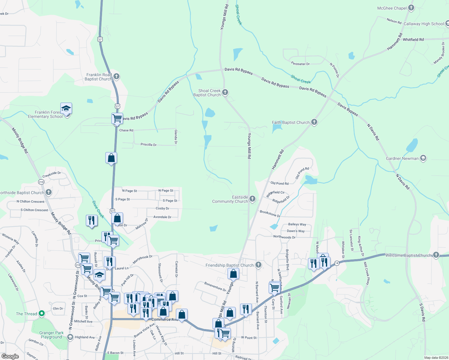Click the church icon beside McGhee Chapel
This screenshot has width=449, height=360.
point(411,8)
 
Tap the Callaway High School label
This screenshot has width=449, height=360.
point(423,24)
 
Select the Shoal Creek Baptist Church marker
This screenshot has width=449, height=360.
point(225,92)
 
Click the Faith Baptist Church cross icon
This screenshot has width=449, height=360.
point(314,122)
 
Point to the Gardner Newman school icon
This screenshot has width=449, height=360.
point(423,158)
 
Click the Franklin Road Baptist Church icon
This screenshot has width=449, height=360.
point(116,76)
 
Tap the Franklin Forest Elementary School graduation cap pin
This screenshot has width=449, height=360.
point(66,109)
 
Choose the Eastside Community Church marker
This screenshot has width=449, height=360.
point(252,199)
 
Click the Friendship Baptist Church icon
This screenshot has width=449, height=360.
point(258,265)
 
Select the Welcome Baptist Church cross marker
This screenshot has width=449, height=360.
point(436,255)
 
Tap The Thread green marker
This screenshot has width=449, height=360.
point(42,314)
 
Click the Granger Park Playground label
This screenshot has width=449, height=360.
point(51,335)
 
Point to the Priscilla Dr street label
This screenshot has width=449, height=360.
point(149,145)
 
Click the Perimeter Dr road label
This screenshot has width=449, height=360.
point(300,64)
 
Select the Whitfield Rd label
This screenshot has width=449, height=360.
point(413,40)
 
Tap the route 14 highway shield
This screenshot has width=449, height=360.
point(337,263)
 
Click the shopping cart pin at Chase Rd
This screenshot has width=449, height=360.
point(117,118)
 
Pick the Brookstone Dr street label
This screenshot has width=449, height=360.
point(270,214)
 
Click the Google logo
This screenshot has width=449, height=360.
point(10,356)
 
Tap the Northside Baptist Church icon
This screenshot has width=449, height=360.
point(49,192)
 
